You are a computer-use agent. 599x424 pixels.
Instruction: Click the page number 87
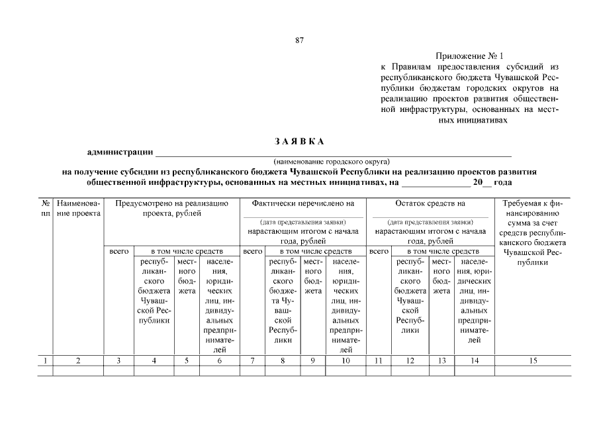pyautogui.click(x=299, y=40)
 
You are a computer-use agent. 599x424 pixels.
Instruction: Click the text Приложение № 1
pyautogui.click(x=470, y=57)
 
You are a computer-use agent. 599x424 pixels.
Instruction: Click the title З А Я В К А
pyautogui.click(x=299, y=141)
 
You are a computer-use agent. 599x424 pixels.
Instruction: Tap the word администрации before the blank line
pyautogui.click(x=120, y=153)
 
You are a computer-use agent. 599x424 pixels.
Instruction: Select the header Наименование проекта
pyautogui.click(x=78, y=209)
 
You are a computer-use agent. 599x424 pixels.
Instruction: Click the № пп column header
pyautogui.click(x=44, y=209)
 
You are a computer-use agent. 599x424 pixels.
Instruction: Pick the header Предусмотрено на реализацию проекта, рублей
pyautogui.click(x=171, y=209)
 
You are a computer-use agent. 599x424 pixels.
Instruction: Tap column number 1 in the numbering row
pyautogui.click(x=44, y=361)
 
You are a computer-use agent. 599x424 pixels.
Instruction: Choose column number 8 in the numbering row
pyautogui.click(x=283, y=361)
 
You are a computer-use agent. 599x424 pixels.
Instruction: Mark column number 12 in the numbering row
pyautogui.click(x=410, y=361)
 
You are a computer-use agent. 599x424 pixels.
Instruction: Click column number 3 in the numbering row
pyautogui.click(x=118, y=361)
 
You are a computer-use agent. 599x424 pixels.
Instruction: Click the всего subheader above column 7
pyautogui.click(x=252, y=252)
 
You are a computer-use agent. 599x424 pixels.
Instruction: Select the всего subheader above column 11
pyautogui.click(x=378, y=252)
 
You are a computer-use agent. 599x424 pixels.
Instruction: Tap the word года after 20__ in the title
pyautogui.click(x=503, y=181)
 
